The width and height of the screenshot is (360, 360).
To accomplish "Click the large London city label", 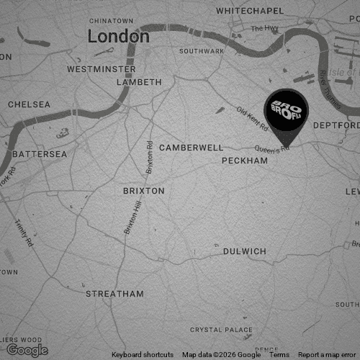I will coord(119,36).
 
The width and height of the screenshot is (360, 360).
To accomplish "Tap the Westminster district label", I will coord(101,69).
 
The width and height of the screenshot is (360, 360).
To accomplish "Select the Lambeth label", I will coord(140,82).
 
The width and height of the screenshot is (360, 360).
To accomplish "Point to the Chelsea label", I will coord(30,104).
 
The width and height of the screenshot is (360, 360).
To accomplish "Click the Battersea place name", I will coord(40,154).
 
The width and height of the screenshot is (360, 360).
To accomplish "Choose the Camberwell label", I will coord(192,147).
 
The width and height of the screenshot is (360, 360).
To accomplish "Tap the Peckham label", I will coord(245,160).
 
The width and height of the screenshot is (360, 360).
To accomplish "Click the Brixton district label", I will coord(144,191).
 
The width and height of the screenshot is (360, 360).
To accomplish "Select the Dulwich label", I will coord(245,251).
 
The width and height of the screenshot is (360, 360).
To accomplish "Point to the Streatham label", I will coord(114,294).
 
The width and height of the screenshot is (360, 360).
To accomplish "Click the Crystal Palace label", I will coord(222,330).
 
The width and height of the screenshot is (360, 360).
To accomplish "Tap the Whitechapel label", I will coord(250,12).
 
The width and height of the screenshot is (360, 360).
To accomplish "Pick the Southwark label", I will coord(202,52).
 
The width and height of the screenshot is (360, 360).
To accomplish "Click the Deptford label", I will coord(336,125).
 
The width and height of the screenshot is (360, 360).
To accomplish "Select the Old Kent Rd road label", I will coord(253,118).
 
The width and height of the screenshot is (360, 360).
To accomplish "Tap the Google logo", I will coord(27,350).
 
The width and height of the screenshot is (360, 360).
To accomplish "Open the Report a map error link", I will coord(328,355).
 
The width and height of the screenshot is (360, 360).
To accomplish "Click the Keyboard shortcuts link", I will coord(143,355).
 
